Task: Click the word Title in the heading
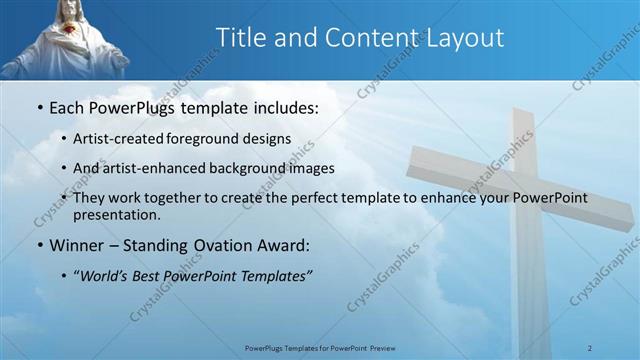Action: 244,38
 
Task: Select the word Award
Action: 281,244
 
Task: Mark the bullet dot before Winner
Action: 38,244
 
